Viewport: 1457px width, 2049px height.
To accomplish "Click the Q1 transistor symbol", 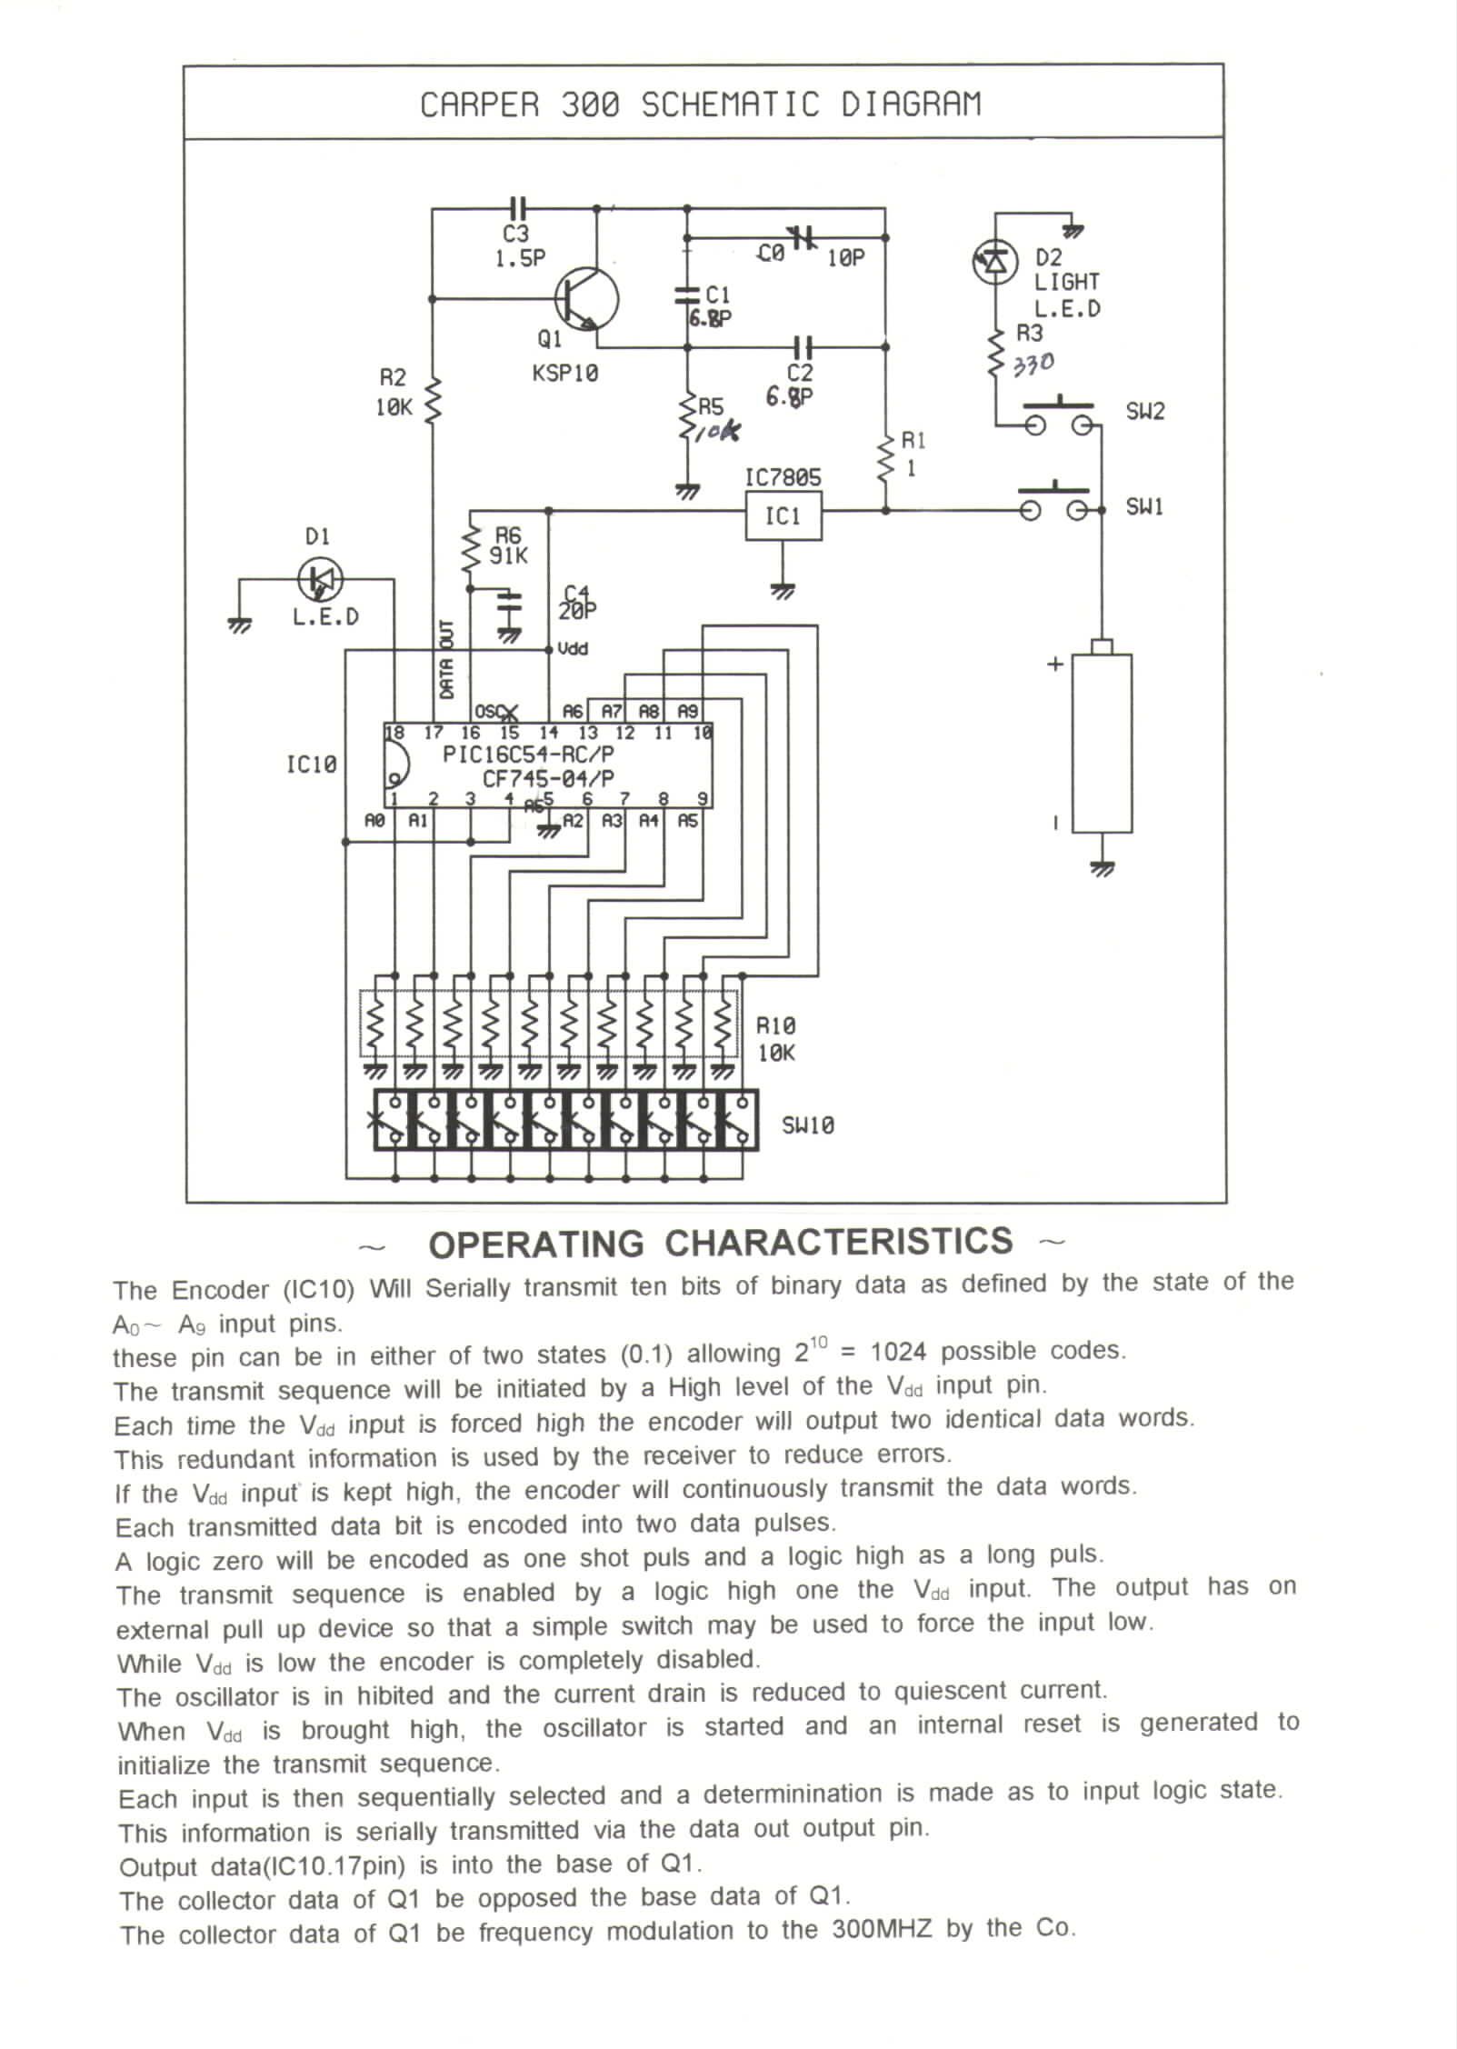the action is pos(587,299).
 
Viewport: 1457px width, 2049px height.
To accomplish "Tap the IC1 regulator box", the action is pos(783,516).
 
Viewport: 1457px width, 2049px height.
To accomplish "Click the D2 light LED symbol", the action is pos(995,262).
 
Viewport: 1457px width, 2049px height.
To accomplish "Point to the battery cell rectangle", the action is pos(1102,741).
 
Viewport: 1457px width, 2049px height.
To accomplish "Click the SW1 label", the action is pos(1144,507).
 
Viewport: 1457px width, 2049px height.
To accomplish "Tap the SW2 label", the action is pos(1144,412).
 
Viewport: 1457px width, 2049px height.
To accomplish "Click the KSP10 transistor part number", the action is pos(565,373).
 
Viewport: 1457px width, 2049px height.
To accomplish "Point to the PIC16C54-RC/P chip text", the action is pos(528,755).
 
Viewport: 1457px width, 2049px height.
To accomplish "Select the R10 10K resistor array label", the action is pos(776,1039).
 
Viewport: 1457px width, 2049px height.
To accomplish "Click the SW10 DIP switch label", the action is pos(808,1125).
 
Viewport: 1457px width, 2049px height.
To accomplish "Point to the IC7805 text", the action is pos(783,477).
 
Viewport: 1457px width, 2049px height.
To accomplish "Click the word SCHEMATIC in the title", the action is pos(731,105).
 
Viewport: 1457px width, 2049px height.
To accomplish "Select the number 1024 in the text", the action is pos(898,1353).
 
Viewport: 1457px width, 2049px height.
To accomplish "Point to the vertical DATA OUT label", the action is pos(446,659).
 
